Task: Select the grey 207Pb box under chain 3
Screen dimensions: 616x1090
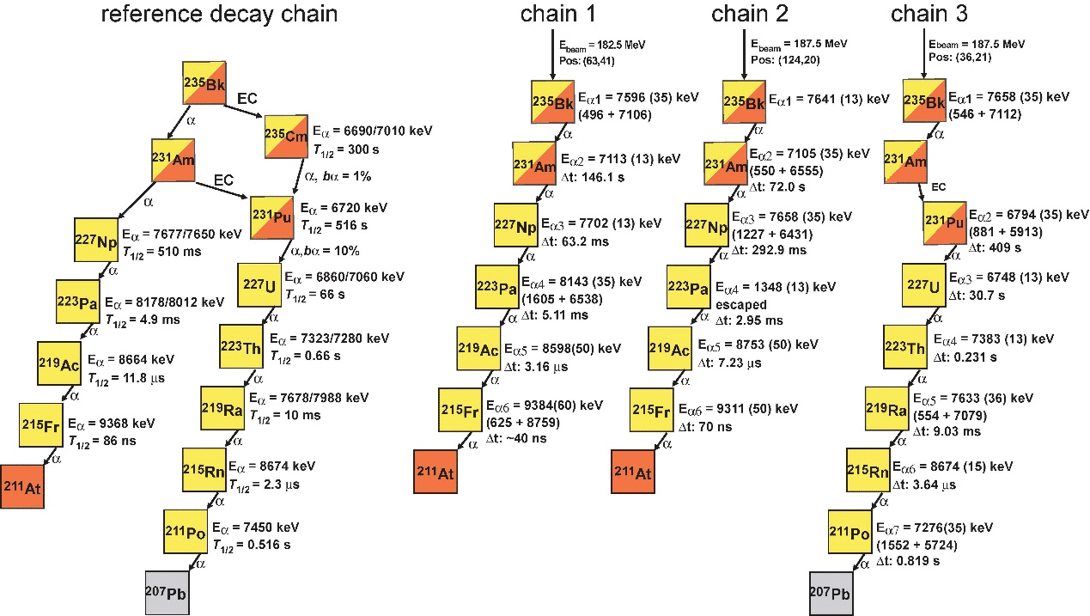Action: (831, 594)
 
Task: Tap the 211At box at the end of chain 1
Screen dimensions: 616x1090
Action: (435, 472)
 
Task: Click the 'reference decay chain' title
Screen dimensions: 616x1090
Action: (219, 15)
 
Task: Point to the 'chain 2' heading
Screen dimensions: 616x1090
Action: (750, 15)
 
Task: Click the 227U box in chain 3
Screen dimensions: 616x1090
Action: (923, 285)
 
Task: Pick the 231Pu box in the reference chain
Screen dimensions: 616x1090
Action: (272, 218)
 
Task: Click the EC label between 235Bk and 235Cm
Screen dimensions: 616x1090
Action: (247, 99)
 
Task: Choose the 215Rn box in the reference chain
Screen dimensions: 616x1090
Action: (203, 470)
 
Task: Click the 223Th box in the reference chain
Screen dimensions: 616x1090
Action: (241, 346)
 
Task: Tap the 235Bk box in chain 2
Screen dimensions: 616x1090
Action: (743, 101)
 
